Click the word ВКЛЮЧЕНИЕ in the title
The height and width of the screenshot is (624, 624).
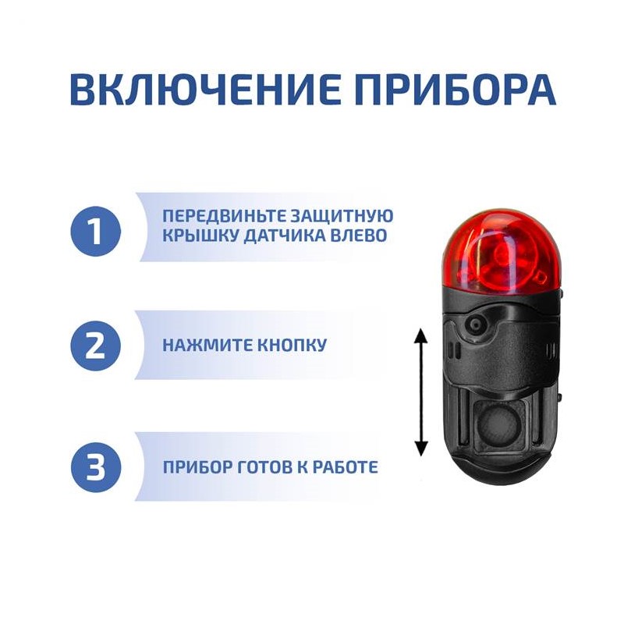(x=205, y=89)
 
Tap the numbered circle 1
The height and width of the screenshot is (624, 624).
(x=95, y=231)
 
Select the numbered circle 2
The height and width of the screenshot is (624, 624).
(x=95, y=346)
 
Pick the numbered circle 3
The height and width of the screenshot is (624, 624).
(x=95, y=466)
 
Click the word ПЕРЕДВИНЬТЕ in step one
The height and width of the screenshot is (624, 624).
(x=224, y=216)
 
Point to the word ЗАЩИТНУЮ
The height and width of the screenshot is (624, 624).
(x=342, y=216)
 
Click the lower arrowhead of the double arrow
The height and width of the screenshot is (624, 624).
(x=421, y=448)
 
